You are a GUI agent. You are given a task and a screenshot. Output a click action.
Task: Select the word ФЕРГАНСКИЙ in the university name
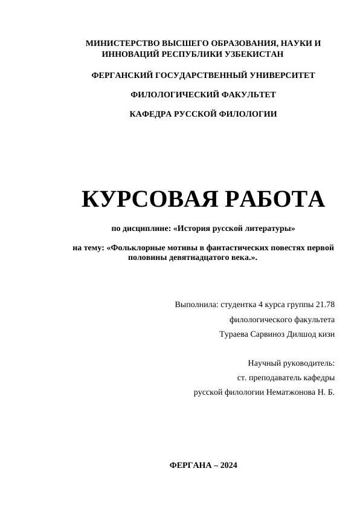tap(121, 75)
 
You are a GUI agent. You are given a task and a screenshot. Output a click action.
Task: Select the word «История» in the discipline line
tap(193, 229)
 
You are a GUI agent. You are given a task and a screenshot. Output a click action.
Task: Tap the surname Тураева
tap(236, 334)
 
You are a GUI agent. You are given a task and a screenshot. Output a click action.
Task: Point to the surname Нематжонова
tap(286, 392)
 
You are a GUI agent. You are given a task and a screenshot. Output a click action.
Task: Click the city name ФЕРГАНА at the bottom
tap(191, 465)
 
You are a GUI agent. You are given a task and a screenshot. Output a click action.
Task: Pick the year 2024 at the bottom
tap(229, 465)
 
